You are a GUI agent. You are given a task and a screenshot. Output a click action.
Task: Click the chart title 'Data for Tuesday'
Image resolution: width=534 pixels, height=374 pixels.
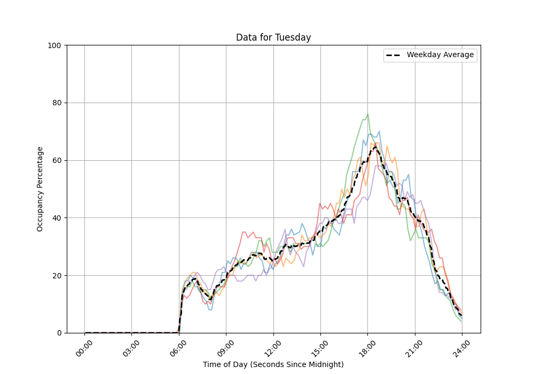click(x=273, y=37)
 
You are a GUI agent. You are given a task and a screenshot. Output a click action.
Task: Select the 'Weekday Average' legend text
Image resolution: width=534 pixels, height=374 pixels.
click(x=440, y=55)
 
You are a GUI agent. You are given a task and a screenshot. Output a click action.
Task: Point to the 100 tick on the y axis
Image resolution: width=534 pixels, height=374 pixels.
click(x=54, y=45)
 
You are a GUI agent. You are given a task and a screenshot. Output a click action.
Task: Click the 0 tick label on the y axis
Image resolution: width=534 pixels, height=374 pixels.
click(x=59, y=333)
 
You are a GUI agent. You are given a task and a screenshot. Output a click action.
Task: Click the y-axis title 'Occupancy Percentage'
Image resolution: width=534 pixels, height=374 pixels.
click(x=40, y=189)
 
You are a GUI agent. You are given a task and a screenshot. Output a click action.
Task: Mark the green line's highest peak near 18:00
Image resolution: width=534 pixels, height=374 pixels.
click(x=367, y=114)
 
